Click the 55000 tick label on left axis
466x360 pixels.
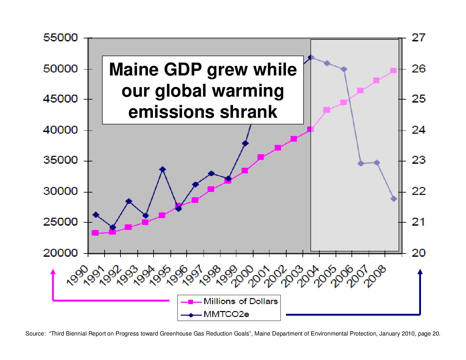61,38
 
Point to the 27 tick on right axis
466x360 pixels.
419,38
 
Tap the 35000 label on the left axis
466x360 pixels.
61,160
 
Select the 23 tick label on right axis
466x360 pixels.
419,160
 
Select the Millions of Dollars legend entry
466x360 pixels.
240,301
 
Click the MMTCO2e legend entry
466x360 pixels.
226,314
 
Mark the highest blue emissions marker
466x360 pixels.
311,58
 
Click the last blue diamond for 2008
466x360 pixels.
394,199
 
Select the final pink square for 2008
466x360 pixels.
393,70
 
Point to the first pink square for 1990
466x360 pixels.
95,233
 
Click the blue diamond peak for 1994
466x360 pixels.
162,169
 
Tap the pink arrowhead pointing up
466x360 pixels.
53,272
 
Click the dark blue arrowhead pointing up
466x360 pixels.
420,272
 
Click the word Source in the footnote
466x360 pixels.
34,334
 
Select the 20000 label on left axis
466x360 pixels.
61,253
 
